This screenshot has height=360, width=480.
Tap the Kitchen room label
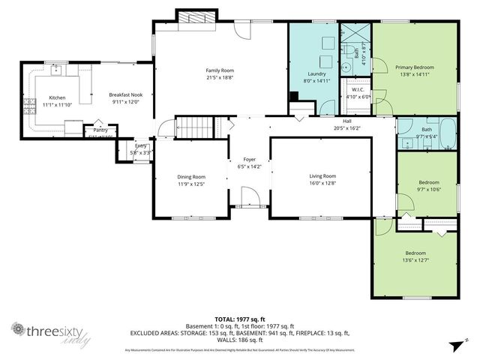[57, 98]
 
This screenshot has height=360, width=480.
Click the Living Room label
[322, 176]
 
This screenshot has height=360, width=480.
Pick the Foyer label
[249, 160]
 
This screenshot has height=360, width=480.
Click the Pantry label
[100, 130]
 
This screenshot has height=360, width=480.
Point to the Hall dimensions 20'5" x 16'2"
[347, 128]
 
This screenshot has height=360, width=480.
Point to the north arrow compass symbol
[455, 344]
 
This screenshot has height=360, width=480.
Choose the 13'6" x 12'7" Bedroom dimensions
[415, 260]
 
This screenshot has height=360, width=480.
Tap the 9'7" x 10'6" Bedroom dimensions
[428, 189]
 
